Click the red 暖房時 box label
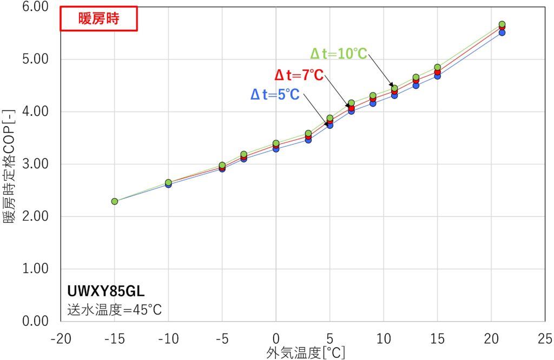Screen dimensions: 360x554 pyautogui.click(x=98, y=19)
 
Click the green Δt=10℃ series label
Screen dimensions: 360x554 pyautogui.click(x=338, y=54)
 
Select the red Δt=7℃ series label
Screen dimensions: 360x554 pyautogui.click(x=298, y=75)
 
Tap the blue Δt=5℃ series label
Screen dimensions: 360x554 pyautogui.click(x=275, y=95)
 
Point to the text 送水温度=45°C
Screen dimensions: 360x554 pyautogui.click(x=114, y=310)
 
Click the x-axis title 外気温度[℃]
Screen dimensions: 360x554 pyautogui.click(x=306, y=353)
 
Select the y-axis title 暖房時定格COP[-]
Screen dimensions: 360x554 pyautogui.click(x=10, y=164)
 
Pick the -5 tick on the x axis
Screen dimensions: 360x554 pyautogui.click(x=222, y=339)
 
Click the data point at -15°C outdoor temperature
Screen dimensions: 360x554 pyautogui.click(x=115, y=201)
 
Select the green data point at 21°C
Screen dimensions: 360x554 pyautogui.click(x=502, y=24)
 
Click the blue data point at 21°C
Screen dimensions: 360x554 pyautogui.click(x=502, y=32)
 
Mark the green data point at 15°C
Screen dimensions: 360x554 pyautogui.click(x=437, y=67)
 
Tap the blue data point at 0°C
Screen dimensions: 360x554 pyautogui.click(x=276, y=148)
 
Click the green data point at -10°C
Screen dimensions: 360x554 pyautogui.click(x=168, y=182)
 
